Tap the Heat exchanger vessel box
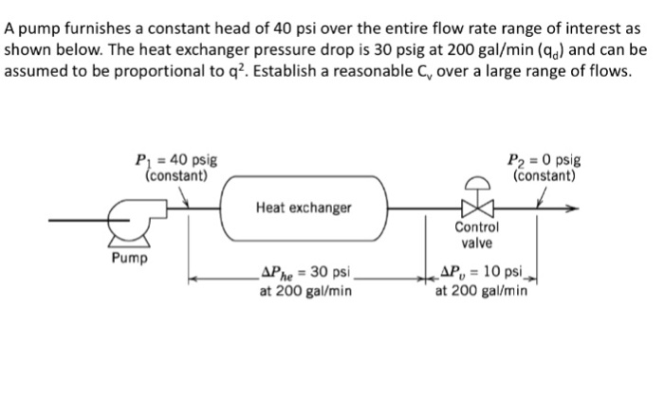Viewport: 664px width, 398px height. click(x=304, y=206)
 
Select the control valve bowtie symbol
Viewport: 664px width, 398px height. click(x=471, y=208)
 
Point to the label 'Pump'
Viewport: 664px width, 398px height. click(x=127, y=257)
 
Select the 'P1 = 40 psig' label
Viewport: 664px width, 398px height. click(x=176, y=161)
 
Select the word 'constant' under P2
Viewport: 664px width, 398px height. click(x=544, y=175)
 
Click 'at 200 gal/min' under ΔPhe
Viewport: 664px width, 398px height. click(x=305, y=291)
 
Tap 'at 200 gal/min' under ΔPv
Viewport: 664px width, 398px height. click(x=482, y=291)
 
